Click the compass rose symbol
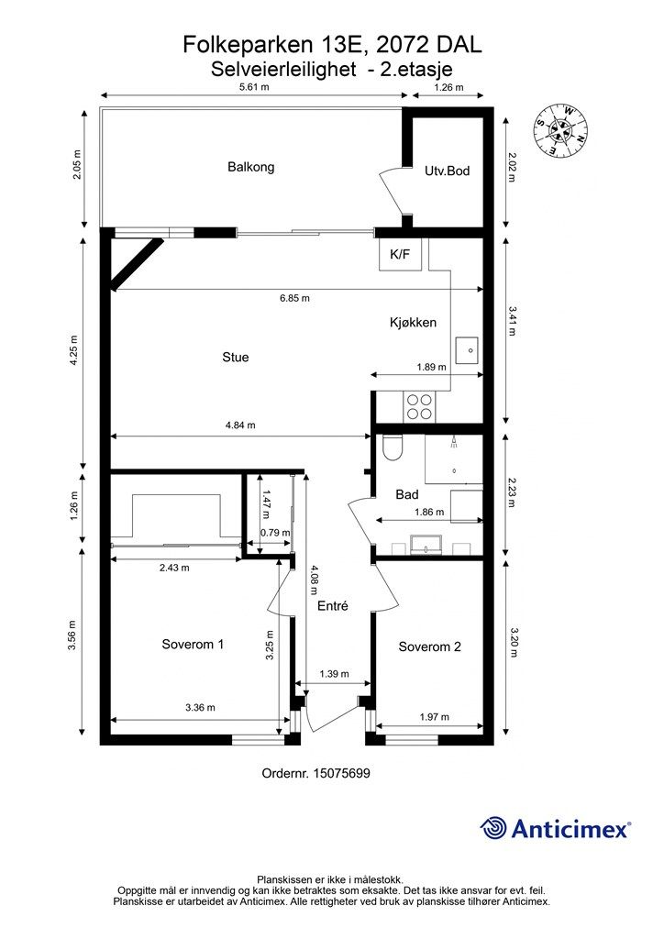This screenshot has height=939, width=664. point(561,131)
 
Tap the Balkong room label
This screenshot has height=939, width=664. point(251,167)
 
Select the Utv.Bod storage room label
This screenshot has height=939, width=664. point(448,171)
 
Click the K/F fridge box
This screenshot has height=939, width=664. point(401,255)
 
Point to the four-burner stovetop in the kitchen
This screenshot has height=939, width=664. point(419,406)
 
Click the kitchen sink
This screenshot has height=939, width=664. point(469,349)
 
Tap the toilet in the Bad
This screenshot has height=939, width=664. point(393,447)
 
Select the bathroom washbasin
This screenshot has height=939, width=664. point(426,544)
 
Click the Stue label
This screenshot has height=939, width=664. point(236,357)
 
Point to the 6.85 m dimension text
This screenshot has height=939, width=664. point(294,298)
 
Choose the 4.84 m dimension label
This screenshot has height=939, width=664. point(240,425)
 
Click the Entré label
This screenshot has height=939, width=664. point(332,605)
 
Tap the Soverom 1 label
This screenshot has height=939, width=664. point(193,645)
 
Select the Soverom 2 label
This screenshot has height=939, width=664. point(430,646)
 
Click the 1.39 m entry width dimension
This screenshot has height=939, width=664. point(334,674)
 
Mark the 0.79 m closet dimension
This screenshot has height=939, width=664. point(275,533)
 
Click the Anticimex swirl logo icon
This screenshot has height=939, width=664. point(492,828)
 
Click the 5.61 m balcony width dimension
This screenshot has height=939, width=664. point(254,87)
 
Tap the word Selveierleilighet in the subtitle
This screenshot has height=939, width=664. point(283,69)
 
